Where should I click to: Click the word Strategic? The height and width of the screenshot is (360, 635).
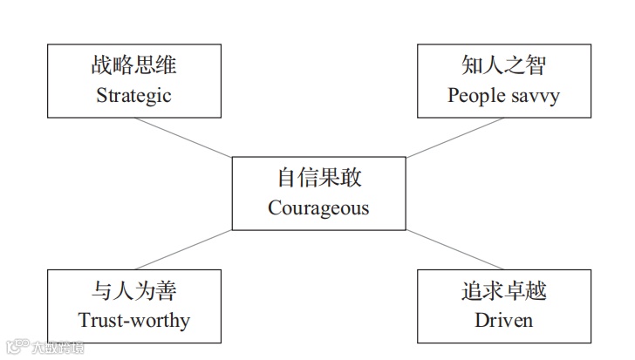pos(133,96)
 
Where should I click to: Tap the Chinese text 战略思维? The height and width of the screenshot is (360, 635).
pos(133,65)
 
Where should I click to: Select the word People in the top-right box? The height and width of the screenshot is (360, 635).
pos(475,96)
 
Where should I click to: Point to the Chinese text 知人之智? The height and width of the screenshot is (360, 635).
pos(503,65)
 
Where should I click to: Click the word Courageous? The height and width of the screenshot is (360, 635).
pos(318,208)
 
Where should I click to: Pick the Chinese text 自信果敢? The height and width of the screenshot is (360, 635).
pos(318,178)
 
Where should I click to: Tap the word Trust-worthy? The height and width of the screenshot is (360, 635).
pos(133,320)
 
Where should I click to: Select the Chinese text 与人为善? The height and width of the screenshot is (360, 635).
pos(133,289)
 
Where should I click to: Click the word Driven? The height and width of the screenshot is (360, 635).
pos(503,320)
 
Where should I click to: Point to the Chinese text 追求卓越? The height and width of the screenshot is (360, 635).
pos(503,289)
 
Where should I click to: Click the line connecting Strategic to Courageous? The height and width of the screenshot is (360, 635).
pos(183,138)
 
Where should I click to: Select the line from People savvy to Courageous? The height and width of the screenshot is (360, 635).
pos(454,138)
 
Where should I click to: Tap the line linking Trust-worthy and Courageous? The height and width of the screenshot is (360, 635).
pos(183,250)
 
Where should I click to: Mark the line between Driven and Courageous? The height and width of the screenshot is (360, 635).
pos(454,250)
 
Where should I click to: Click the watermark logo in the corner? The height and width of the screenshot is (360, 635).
pos(16,347)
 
